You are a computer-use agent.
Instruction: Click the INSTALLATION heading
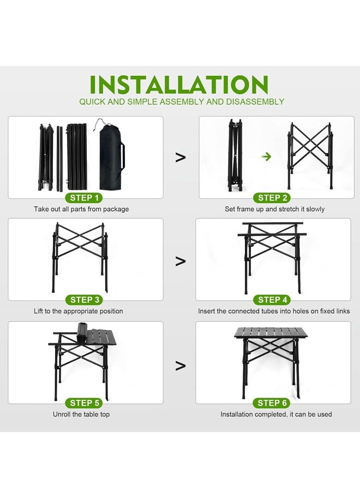[179, 85]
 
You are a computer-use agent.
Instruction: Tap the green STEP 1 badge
[85, 197]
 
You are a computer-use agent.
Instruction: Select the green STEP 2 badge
[273, 197]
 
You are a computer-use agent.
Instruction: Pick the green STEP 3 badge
[85, 300]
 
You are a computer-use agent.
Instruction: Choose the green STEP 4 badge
[273, 300]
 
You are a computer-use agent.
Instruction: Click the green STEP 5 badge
[85, 403]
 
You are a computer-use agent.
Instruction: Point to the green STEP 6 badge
[273, 403]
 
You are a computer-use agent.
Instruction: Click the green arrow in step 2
[267, 156]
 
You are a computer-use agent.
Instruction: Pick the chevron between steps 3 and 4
[181, 261]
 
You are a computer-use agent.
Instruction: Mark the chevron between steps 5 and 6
[181, 365]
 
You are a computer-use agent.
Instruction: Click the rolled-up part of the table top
[81, 333]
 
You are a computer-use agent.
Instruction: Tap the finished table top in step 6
[271, 332]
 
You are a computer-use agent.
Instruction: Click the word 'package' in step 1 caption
[116, 209]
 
